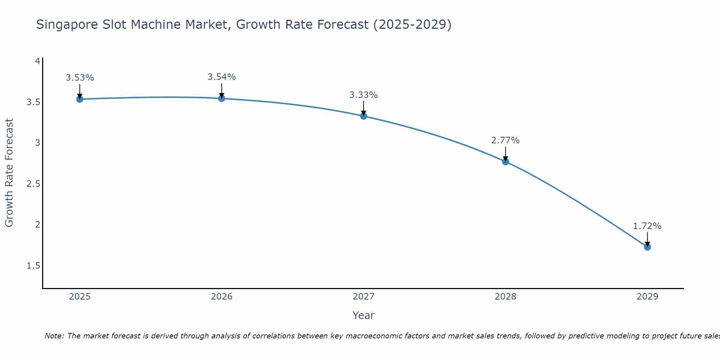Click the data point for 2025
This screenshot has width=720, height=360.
(80, 99)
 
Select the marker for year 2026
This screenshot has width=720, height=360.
(222, 98)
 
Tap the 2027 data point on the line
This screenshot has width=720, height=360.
(364, 116)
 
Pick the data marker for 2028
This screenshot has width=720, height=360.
(505, 162)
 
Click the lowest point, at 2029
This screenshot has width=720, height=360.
(647, 247)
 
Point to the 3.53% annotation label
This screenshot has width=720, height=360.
(80, 78)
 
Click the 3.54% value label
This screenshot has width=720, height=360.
(222, 77)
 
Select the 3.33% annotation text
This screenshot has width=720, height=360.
(364, 95)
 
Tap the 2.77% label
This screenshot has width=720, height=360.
(505, 140)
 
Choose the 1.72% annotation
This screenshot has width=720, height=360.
(647, 226)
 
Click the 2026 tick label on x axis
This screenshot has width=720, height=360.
(222, 297)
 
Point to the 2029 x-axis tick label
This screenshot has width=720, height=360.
(647, 297)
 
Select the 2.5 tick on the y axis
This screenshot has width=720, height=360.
(33, 184)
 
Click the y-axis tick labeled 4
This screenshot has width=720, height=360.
(37, 61)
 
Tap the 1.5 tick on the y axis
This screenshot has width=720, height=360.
(33, 266)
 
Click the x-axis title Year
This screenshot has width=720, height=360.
(364, 315)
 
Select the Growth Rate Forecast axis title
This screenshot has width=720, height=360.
(9, 173)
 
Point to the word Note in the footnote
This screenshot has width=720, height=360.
(54, 336)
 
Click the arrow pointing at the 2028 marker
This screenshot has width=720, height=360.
(505, 154)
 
